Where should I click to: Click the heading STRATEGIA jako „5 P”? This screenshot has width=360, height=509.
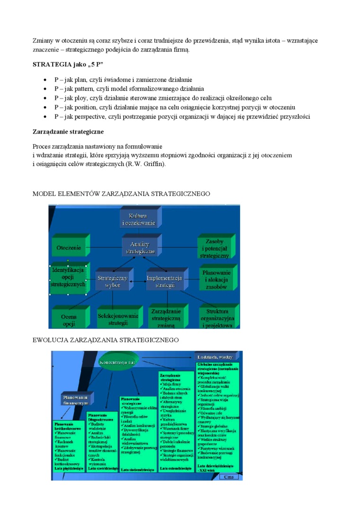[68, 64]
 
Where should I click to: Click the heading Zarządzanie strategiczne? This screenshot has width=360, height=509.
[68, 131]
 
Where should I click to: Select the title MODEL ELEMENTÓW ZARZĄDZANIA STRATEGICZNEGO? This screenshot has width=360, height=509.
[121, 194]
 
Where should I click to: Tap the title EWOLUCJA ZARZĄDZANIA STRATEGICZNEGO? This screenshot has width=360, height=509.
[105, 340]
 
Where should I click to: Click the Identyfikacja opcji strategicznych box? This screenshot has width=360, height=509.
[68, 277]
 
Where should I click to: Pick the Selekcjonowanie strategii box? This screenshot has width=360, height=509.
[118, 319]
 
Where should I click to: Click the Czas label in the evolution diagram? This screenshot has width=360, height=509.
[229, 477]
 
